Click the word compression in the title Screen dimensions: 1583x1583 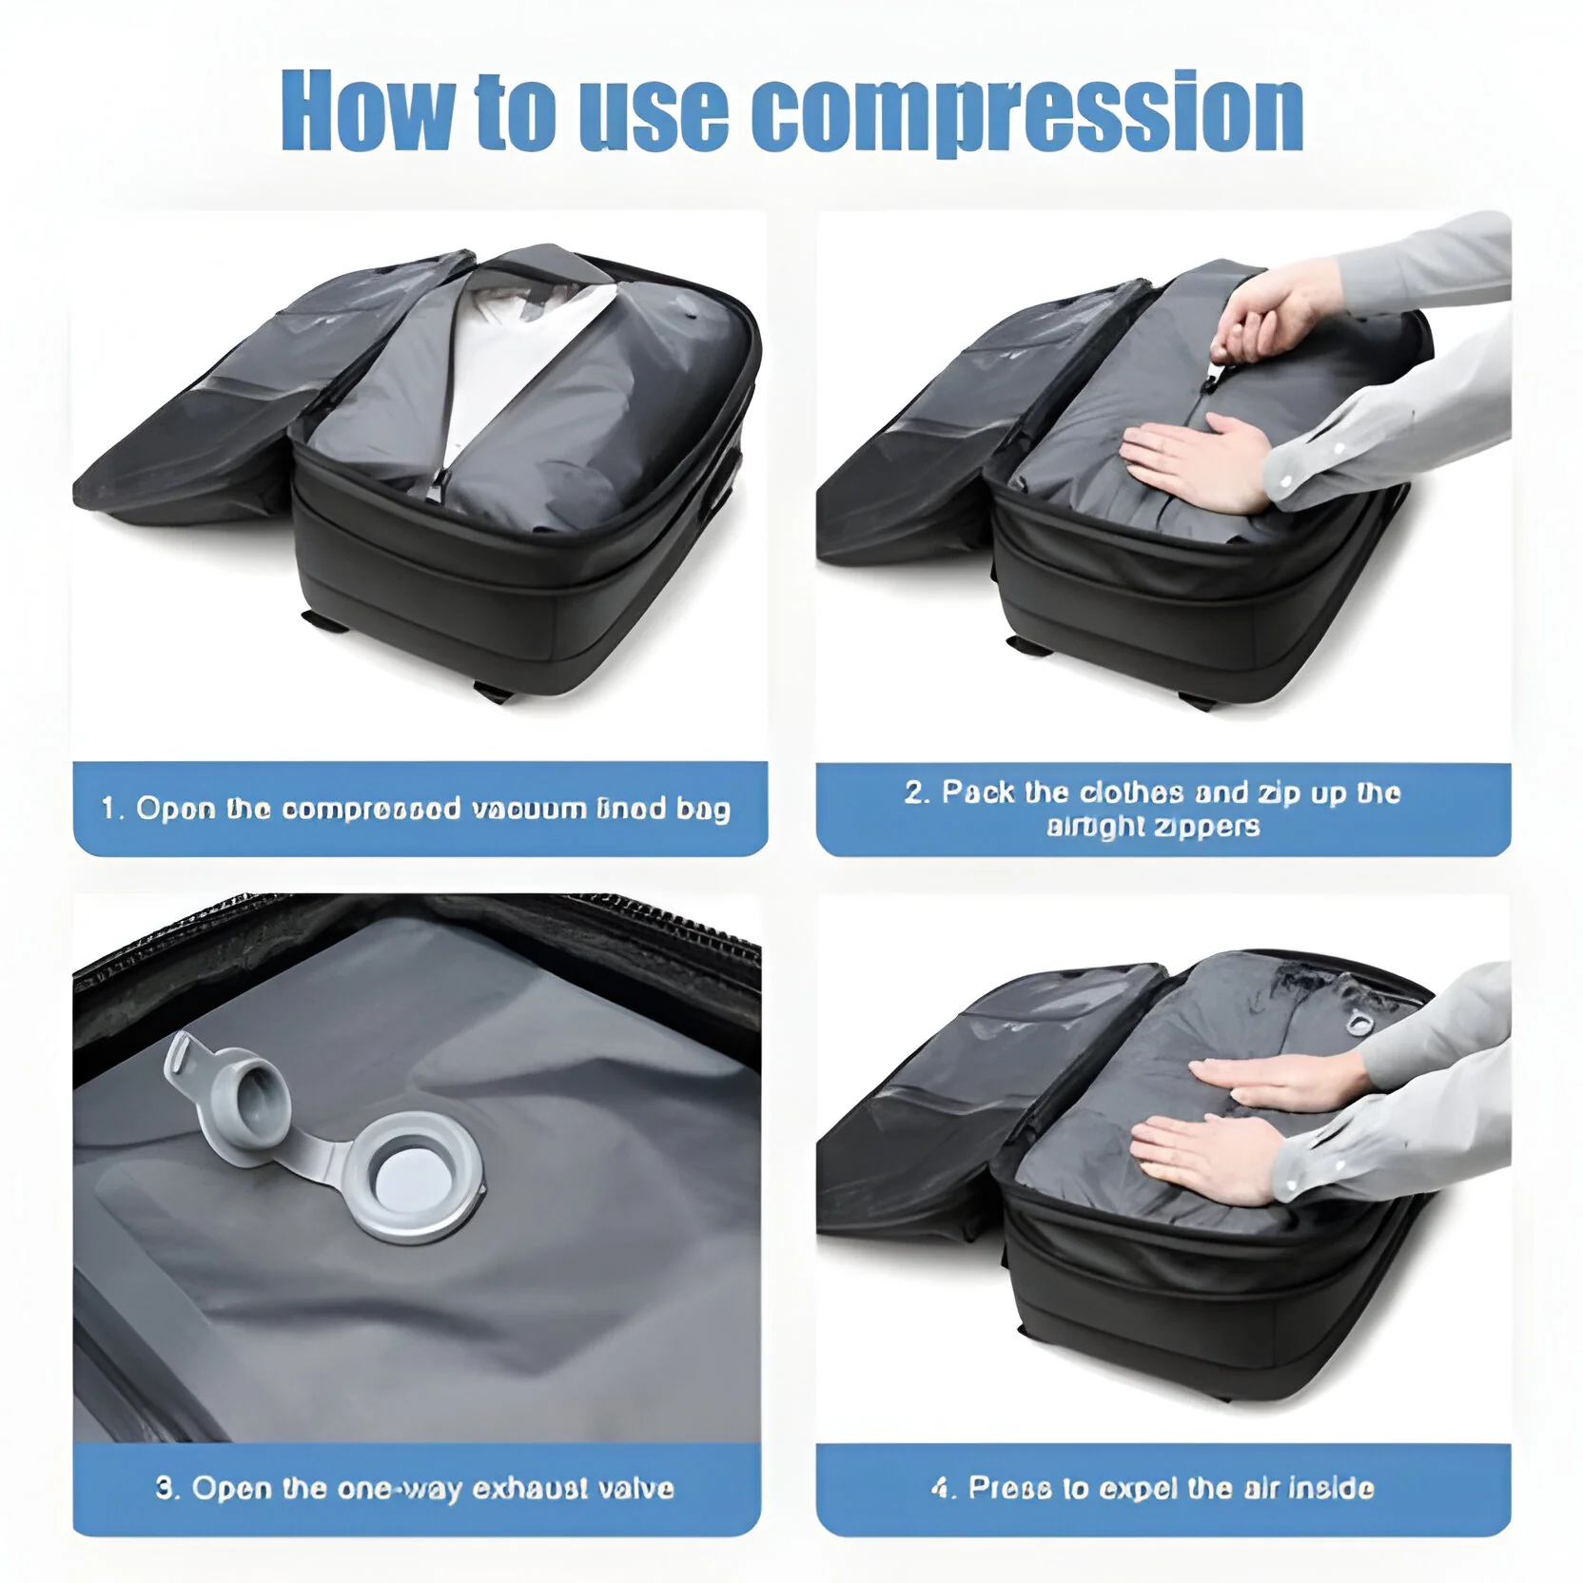point(1027,112)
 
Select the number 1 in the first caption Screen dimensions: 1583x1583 point(108,809)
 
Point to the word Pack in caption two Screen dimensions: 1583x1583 point(977,792)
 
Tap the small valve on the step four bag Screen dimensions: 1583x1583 point(1358,1024)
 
